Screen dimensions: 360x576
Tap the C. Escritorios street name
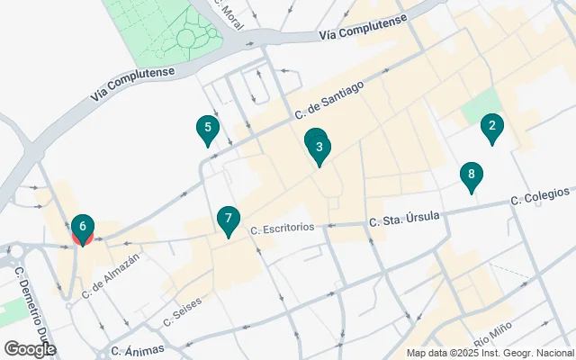click(283, 229)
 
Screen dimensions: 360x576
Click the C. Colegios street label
click(540, 195)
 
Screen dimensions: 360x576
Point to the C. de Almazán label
click(111, 276)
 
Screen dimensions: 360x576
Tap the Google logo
click(30, 348)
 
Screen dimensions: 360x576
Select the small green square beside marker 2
click(478, 109)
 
